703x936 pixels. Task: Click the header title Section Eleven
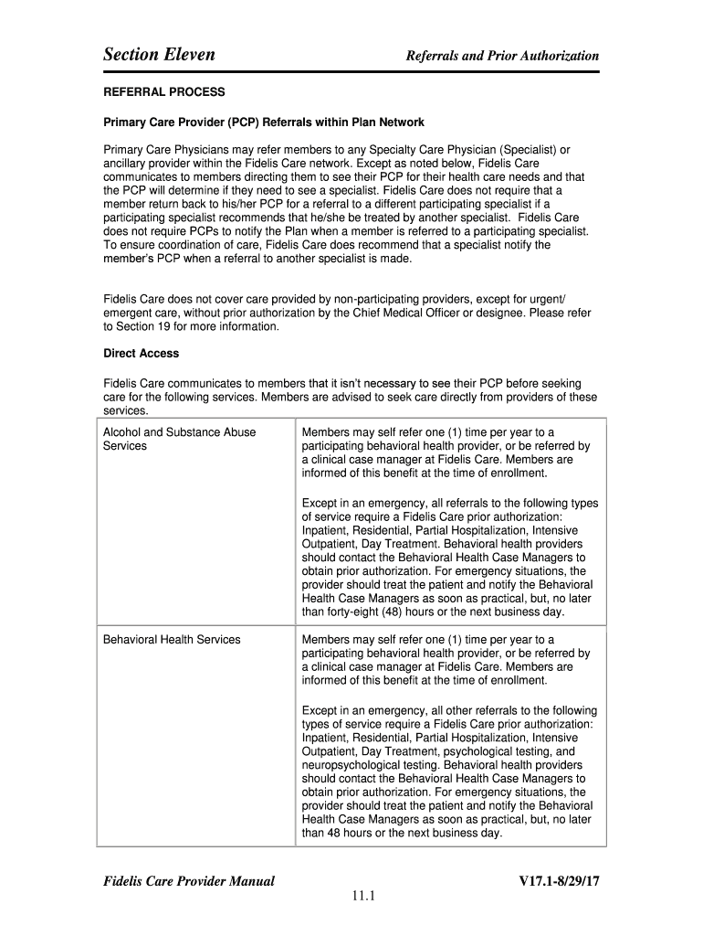tap(159, 55)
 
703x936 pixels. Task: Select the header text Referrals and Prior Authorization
tap(502, 56)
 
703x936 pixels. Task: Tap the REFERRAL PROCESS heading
tap(163, 92)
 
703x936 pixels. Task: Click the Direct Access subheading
tap(141, 353)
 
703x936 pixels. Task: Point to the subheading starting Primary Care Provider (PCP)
tap(264, 122)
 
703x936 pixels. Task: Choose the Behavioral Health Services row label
tap(172, 639)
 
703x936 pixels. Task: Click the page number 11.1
tap(352, 896)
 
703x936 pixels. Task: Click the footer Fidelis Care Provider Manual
tap(189, 881)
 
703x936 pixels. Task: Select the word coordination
tap(181, 245)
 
